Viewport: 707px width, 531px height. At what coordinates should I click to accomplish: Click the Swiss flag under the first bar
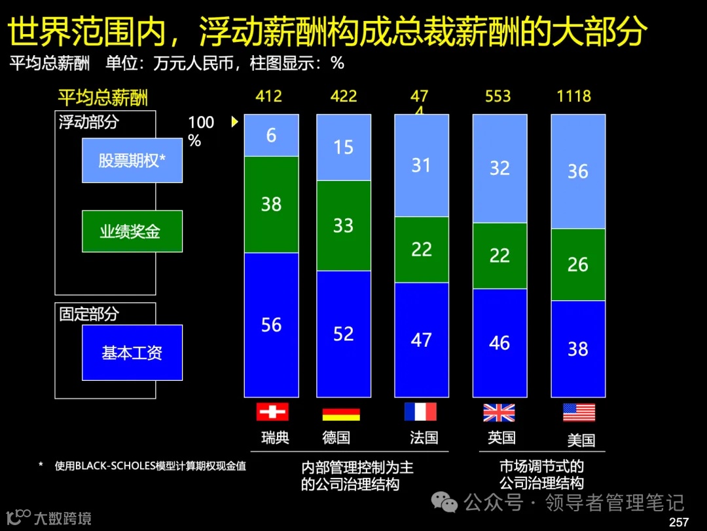[x=272, y=412]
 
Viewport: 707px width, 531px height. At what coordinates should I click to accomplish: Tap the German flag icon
[x=341, y=414]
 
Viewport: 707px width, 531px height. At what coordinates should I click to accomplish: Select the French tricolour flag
[x=420, y=412]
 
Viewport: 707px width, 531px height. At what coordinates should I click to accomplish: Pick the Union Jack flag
[x=499, y=412]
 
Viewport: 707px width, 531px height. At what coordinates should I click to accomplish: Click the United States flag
[x=579, y=412]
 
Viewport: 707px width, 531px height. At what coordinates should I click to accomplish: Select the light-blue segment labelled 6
[x=271, y=135]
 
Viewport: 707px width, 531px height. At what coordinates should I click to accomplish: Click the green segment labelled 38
[x=271, y=205]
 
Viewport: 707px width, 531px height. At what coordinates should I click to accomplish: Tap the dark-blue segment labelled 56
[x=271, y=325]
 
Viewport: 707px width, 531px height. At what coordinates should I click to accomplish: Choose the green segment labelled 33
[x=343, y=226]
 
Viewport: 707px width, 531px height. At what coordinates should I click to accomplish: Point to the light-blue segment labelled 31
[x=421, y=165]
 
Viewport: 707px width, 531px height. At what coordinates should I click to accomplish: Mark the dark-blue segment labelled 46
[x=499, y=343]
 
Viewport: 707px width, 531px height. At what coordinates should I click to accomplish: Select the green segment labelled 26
[x=577, y=265]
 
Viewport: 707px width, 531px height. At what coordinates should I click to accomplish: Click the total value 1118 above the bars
[x=573, y=96]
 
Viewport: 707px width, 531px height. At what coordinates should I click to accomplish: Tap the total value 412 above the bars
[x=268, y=96]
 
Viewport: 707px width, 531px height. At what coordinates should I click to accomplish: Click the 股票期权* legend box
[x=132, y=160]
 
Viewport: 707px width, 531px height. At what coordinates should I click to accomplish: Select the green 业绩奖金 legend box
[x=132, y=231]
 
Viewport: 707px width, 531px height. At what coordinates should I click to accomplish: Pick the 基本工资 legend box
[x=132, y=353]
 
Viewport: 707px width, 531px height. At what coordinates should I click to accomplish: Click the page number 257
[x=679, y=522]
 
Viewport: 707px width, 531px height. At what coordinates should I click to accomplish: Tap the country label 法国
[x=424, y=437]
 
